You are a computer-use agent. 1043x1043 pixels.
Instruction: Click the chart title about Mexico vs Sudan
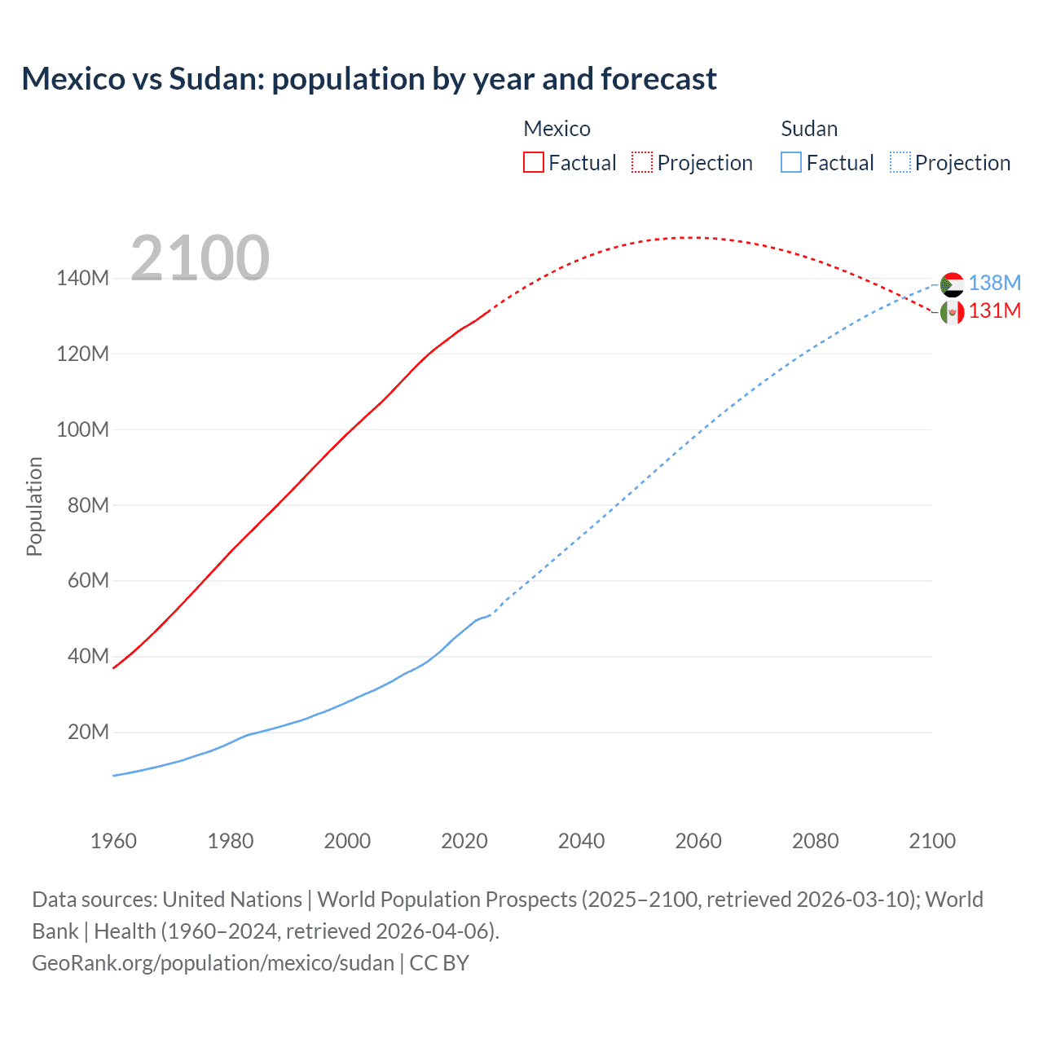point(369,79)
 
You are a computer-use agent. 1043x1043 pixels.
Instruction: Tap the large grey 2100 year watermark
point(200,258)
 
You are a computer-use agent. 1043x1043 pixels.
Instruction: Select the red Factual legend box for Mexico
point(534,162)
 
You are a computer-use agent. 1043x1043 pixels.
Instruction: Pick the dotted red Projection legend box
point(642,162)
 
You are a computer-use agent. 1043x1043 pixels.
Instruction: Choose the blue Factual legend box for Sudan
point(791,162)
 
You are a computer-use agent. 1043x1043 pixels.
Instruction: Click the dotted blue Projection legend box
point(900,162)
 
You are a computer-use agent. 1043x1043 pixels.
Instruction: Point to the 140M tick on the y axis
point(82,279)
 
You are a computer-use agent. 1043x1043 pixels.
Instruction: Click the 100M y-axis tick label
point(82,429)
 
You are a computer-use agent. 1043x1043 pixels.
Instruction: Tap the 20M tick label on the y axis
point(88,732)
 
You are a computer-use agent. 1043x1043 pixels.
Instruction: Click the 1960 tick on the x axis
point(113,841)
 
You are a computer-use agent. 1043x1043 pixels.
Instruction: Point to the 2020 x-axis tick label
point(464,841)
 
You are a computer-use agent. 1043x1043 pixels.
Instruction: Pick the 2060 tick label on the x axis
point(698,841)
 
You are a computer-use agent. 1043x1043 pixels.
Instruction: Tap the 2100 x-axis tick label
point(932,841)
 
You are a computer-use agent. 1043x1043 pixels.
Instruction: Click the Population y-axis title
point(34,506)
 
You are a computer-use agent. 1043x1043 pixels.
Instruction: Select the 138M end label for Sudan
point(994,283)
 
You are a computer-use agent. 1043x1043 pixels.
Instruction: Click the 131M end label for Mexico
point(994,310)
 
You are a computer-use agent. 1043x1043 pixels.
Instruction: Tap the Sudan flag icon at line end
point(952,284)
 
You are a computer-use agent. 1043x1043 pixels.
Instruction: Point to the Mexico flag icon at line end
point(952,312)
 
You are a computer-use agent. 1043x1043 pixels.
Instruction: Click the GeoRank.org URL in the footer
point(213,963)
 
